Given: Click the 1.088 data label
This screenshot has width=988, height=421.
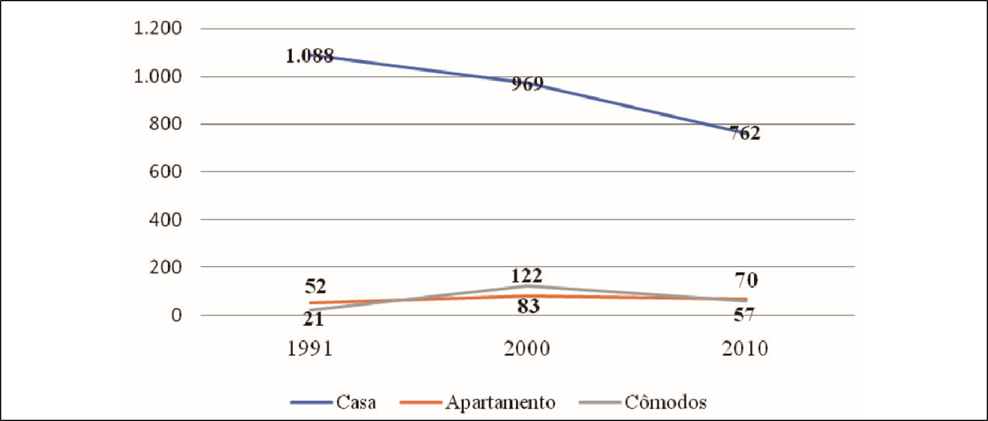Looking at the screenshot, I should pyautogui.click(x=310, y=56).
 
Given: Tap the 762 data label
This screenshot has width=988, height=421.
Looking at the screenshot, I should pyautogui.click(x=744, y=134).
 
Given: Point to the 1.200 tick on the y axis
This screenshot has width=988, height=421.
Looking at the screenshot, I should pyautogui.click(x=156, y=29).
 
